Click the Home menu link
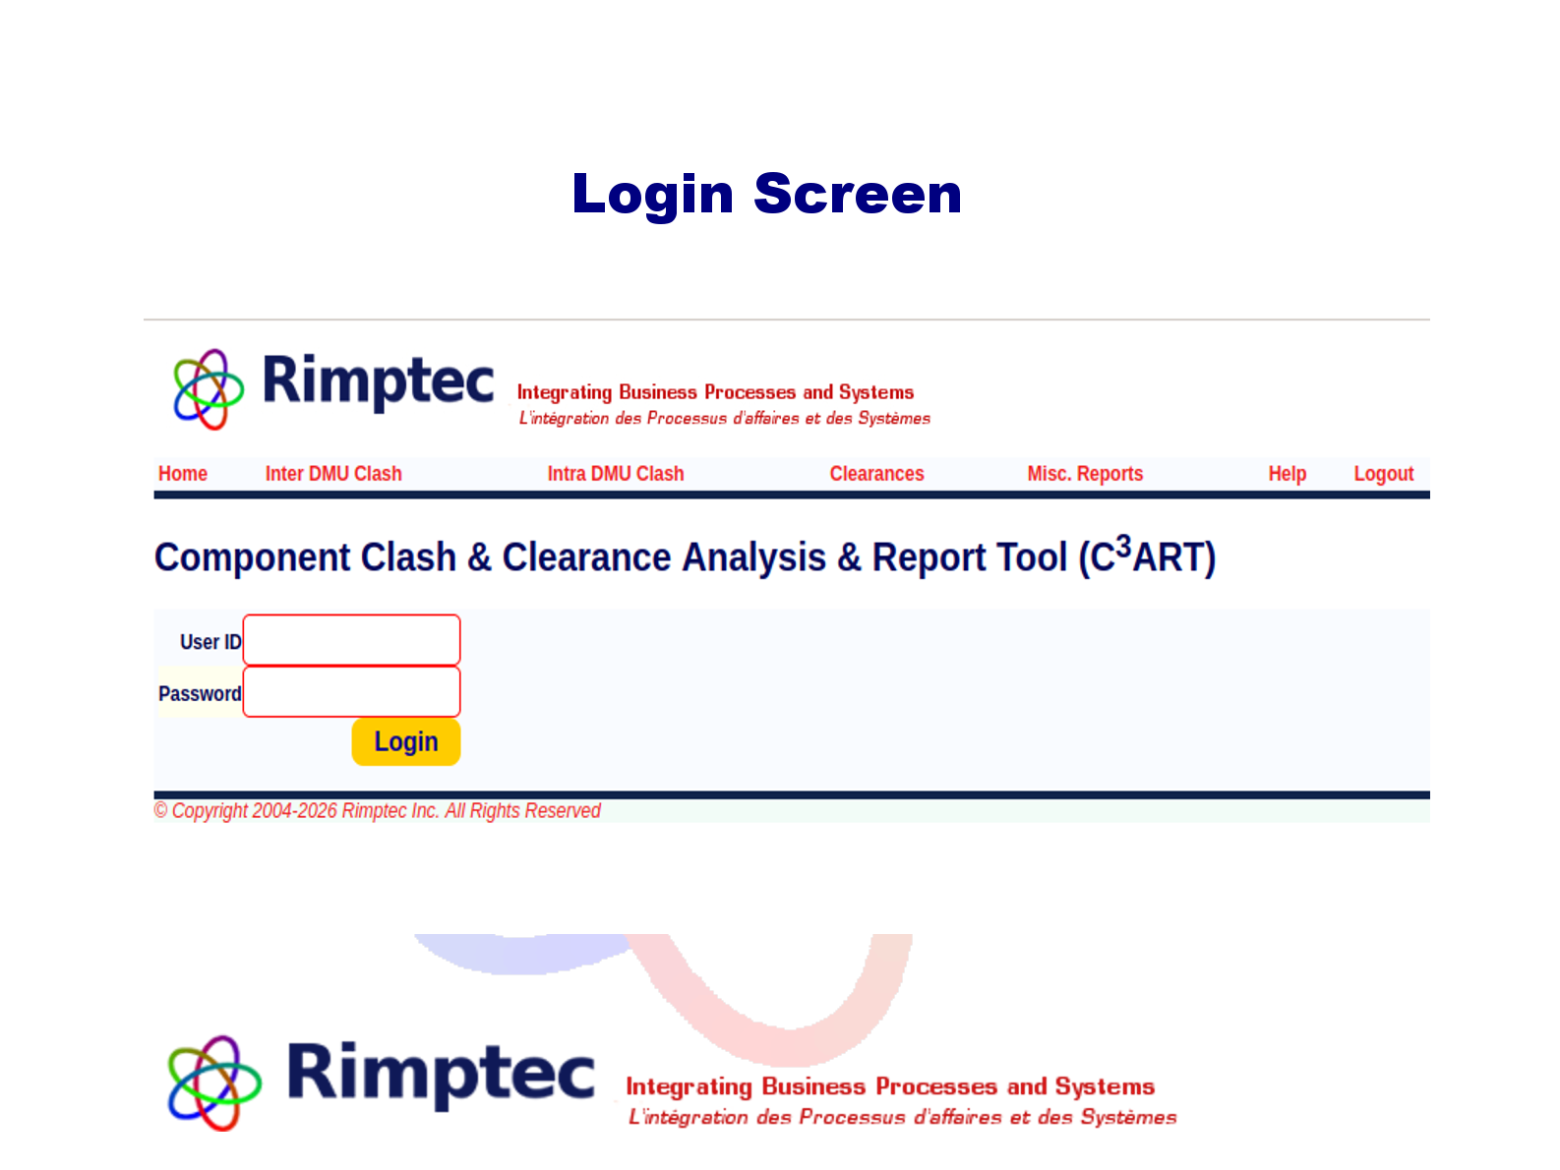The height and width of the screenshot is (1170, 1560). (x=183, y=474)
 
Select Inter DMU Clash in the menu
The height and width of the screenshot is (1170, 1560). (x=333, y=474)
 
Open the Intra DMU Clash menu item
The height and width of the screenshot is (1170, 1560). (x=616, y=474)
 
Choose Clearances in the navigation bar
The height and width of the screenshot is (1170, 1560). (x=876, y=474)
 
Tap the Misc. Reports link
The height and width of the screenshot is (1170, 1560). (x=1085, y=474)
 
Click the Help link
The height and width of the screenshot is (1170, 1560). (x=1288, y=474)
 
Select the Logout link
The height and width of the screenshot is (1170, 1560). (x=1383, y=474)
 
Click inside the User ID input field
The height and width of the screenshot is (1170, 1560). (x=351, y=640)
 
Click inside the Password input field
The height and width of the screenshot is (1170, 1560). (x=351, y=692)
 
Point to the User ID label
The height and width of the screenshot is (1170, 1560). (x=210, y=642)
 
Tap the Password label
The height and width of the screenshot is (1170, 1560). (x=200, y=694)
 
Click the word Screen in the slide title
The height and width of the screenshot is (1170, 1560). (x=857, y=194)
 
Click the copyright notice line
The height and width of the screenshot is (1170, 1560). (x=378, y=810)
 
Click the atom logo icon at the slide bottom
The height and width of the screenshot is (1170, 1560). (x=213, y=1082)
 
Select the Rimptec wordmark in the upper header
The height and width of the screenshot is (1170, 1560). (x=378, y=382)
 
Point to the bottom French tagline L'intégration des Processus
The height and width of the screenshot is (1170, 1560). (x=902, y=1118)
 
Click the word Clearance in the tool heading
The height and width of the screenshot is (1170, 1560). (x=585, y=556)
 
